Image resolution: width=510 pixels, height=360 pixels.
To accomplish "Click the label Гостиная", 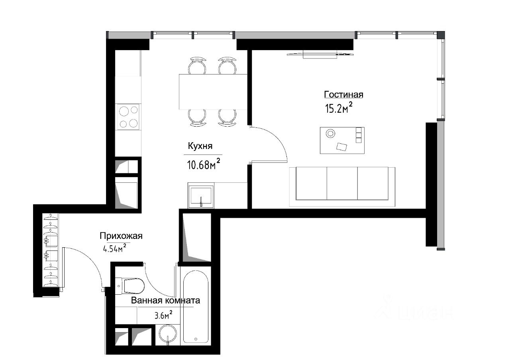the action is tap(343, 94).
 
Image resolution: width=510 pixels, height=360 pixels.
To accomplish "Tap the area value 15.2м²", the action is tap(339, 108).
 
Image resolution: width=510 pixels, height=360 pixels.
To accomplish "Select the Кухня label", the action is tap(200, 146).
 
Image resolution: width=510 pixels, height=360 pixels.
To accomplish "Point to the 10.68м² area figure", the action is tap(204, 164).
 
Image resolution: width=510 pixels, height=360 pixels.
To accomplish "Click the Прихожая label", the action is tap(121, 236).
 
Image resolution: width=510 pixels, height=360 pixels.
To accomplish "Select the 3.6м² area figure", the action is tap(163, 315).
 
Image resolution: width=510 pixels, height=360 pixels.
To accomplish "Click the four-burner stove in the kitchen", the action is tap(128, 117).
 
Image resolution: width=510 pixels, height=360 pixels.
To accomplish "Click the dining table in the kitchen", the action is tap(213, 92).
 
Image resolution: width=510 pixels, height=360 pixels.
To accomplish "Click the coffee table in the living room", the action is tap(342, 141).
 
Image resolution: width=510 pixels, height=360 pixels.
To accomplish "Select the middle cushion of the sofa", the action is tap(342, 184).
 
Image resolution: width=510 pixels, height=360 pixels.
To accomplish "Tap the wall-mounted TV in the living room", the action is tap(320, 54).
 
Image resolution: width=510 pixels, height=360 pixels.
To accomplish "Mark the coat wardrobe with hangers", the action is tap(51, 250).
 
